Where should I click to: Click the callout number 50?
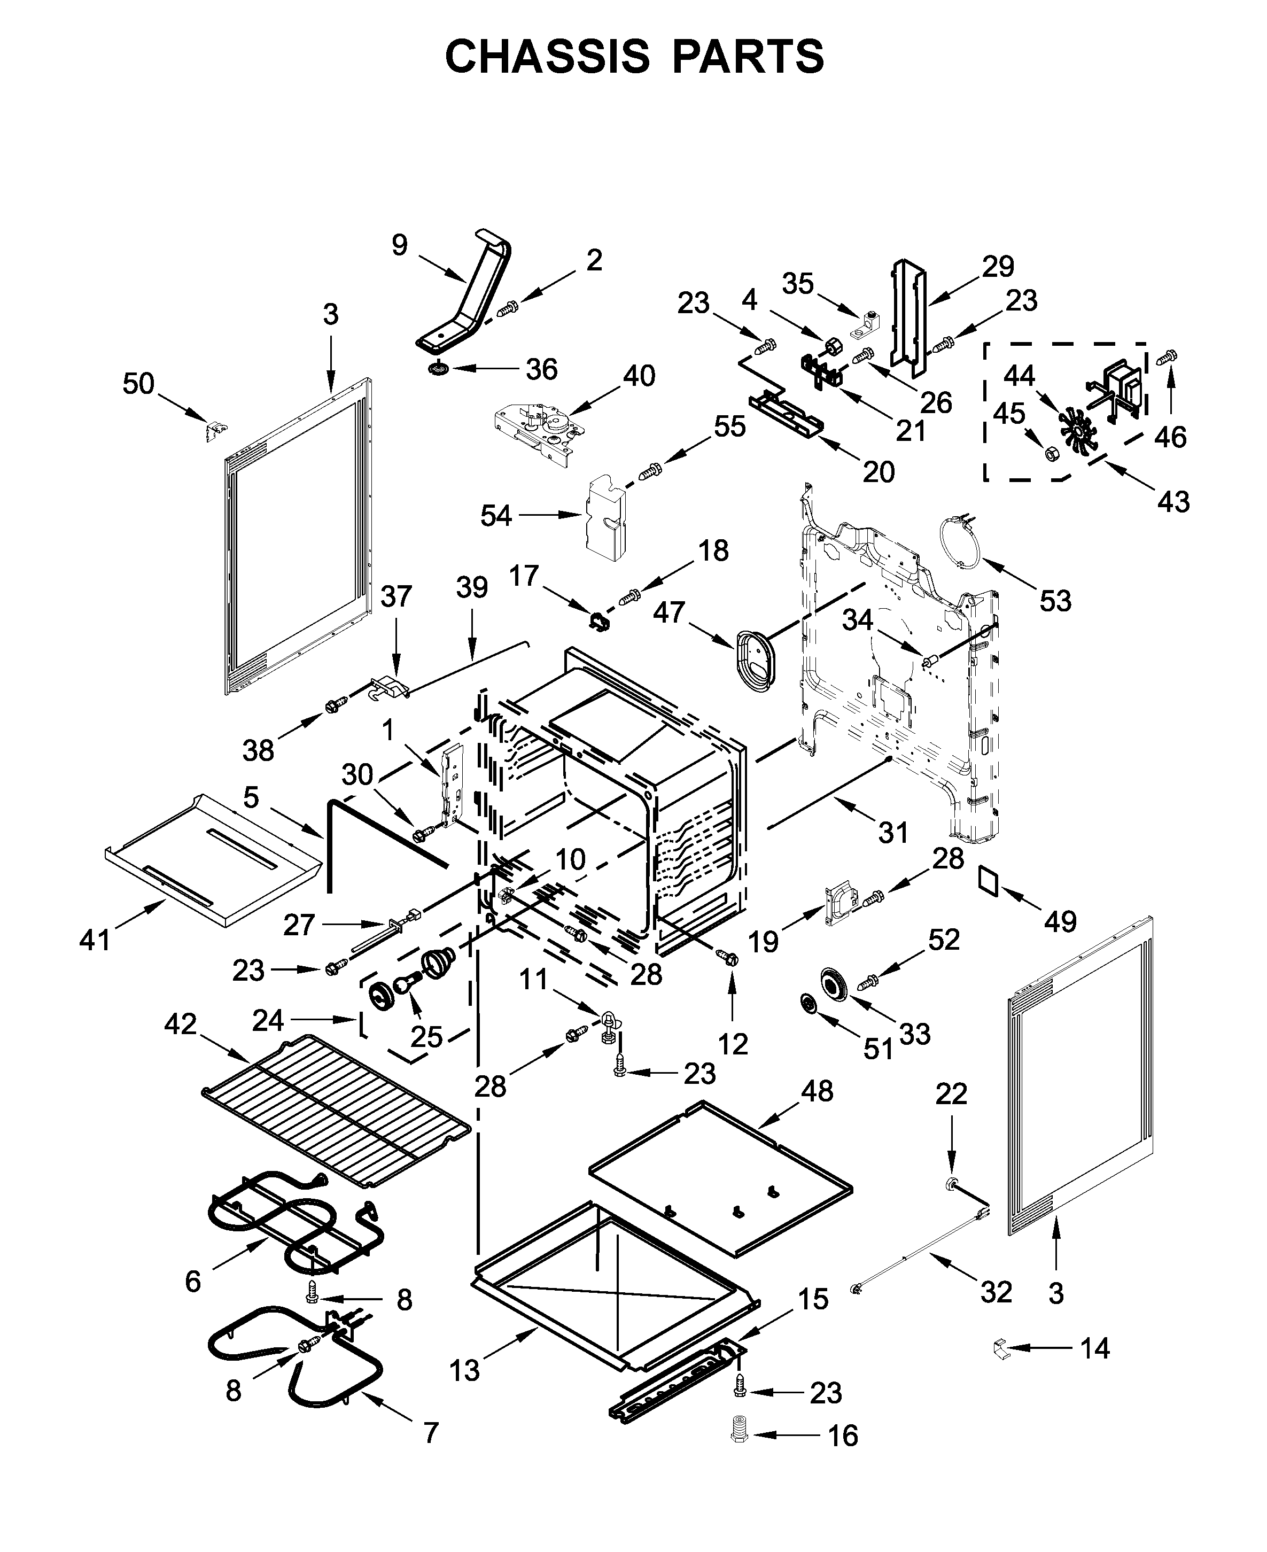(x=138, y=383)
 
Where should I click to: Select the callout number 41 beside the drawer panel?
(x=95, y=940)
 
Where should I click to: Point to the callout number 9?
(x=399, y=245)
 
